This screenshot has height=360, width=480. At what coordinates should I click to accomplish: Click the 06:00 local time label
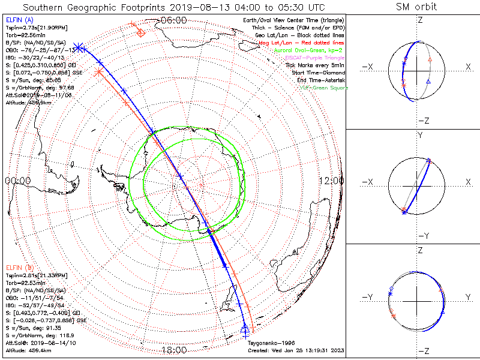coord(174,20)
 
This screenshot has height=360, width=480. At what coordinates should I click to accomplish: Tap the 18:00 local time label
coord(174,350)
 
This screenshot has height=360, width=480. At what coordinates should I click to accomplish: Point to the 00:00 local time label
coord(17,180)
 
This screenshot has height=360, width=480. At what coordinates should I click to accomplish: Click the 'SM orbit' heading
coord(416,7)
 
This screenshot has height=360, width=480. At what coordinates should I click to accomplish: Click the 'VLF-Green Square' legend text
coord(323,88)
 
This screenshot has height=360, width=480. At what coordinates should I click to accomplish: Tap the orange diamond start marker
coord(140,32)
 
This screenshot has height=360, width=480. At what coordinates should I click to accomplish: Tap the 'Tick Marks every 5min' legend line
coord(316,65)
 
